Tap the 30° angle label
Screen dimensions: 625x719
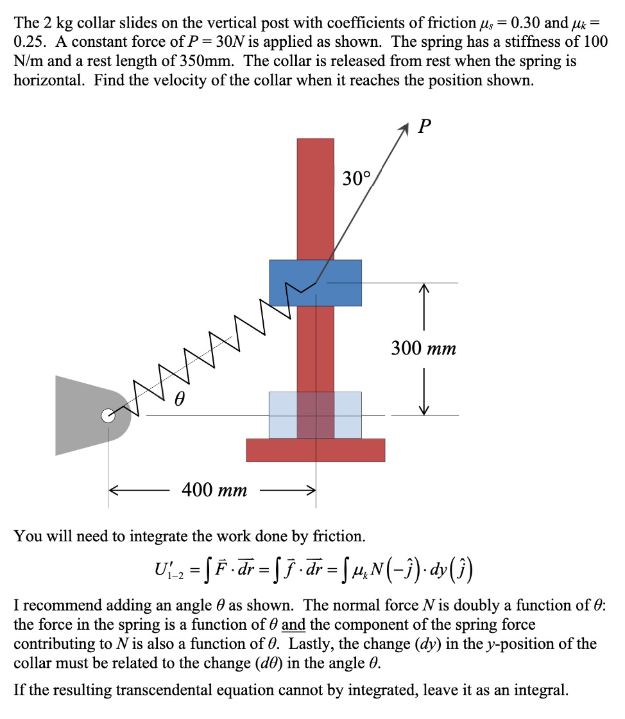(x=356, y=178)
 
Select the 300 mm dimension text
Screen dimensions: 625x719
(x=424, y=349)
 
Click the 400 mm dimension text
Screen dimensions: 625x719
(x=214, y=490)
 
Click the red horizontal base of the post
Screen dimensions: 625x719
(x=315, y=450)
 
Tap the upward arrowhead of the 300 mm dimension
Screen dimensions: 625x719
(x=424, y=291)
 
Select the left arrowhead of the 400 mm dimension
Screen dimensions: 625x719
(x=114, y=491)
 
